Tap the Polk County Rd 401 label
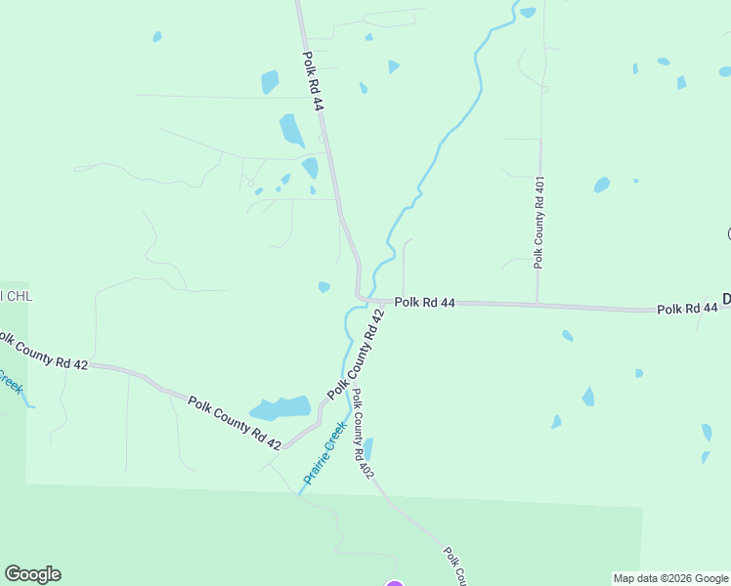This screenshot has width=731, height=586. (x=538, y=223)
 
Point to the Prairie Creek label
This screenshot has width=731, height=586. (x=325, y=453)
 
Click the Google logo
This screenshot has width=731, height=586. (x=32, y=574)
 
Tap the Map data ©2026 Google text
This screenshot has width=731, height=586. (x=670, y=578)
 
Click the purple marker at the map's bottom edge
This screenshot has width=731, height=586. (x=394, y=584)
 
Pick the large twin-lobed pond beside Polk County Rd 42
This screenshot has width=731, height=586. (x=281, y=408)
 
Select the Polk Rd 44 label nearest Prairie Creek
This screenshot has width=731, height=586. (x=425, y=303)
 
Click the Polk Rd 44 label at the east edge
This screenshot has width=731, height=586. (x=687, y=309)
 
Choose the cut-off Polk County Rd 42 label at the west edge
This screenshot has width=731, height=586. (x=44, y=352)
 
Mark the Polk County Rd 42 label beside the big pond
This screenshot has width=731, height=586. (x=235, y=423)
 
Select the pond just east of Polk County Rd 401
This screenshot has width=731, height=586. (x=602, y=184)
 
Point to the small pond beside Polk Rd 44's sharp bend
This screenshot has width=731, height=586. (x=323, y=287)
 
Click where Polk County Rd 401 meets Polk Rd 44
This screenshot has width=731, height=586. (x=537, y=304)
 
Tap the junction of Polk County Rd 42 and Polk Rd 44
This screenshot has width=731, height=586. (x=378, y=302)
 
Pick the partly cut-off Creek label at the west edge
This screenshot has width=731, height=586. (x=10, y=379)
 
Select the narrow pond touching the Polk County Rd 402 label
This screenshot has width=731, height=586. (x=367, y=448)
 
